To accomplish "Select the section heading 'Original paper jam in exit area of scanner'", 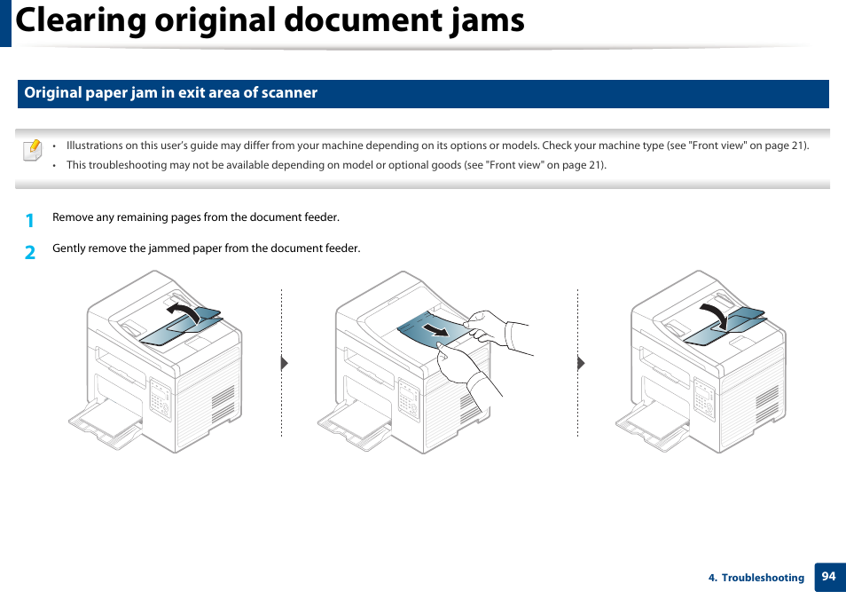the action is pyautogui.click(x=170, y=93).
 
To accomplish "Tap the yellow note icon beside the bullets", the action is pyautogui.click(x=33, y=150).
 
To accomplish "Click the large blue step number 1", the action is pyautogui.click(x=30, y=220).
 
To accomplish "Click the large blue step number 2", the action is pyautogui.click(x=30, y=252).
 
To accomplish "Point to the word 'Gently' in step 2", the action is pyautogui.click(x=68, y=248).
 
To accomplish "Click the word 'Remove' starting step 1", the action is pyautogui.click(x=72, y=217).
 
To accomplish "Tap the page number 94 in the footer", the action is pyautogui.click(x=828, y=577).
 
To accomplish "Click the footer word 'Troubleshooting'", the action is pyautogui.click(x=763, y=578).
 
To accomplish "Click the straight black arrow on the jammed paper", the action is pyautogui.click(x=435, y=329).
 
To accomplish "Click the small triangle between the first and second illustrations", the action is pyautogui.click(x=285, y=363).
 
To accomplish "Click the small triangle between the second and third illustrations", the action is pyautogui.click(x=581, y=363).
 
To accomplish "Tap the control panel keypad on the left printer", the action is pyautogui.click(x=160, y=398).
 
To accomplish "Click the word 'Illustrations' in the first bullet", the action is pyautogui.click(x=95, y=146).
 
